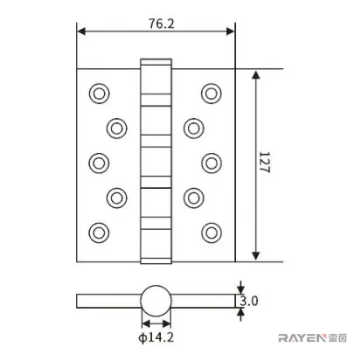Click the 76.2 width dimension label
162,24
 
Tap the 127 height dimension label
265,163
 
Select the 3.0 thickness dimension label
249,301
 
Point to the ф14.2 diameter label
156,337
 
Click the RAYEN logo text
301,338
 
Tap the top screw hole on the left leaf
99,94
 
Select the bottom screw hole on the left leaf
99,233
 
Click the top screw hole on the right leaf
212,94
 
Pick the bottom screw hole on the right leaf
212,233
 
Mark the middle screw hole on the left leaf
99,163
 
